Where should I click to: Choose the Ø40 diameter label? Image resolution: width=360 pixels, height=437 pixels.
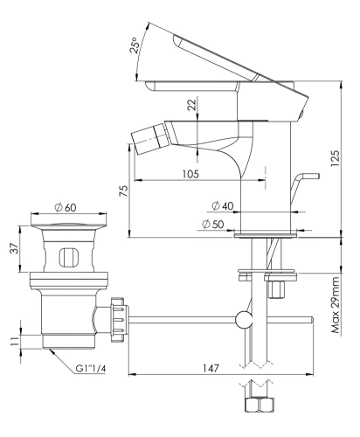point(221,205)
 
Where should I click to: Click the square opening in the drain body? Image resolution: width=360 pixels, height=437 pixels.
point(66,258)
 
